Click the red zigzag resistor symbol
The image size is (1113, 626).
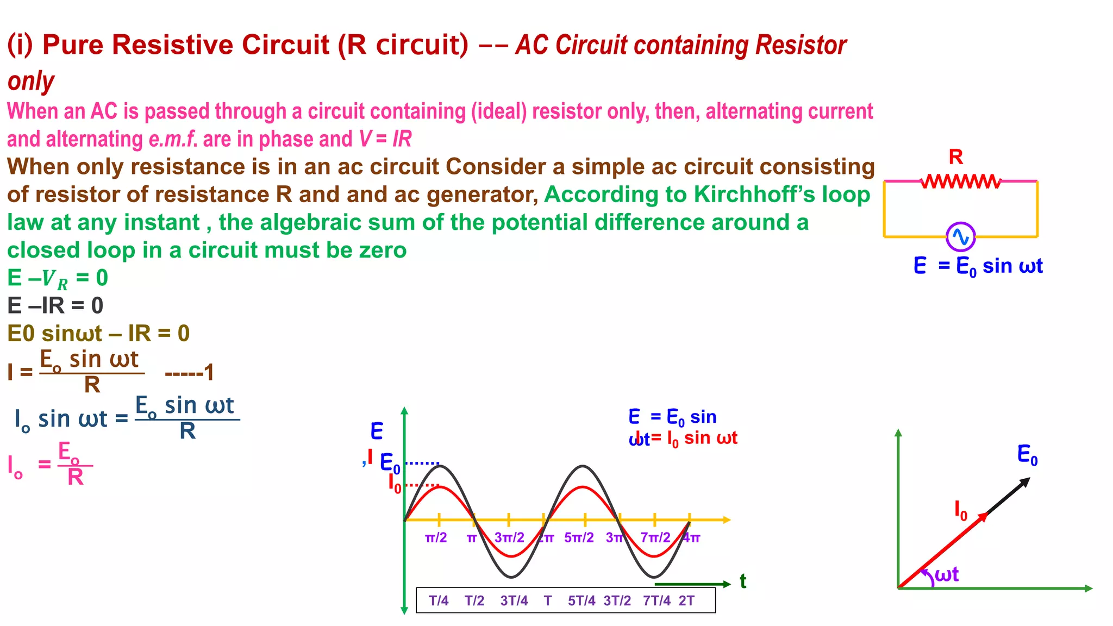(x=961, y=181)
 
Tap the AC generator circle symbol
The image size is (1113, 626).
(x=960, y=237)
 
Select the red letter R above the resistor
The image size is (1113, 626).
(x=955, y=157)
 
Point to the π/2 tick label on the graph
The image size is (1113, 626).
(x=436, y=538)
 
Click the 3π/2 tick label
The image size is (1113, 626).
(x=509, y=538)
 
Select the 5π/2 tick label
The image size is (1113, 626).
(x=579, y=538)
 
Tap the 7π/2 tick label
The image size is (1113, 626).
(x=655, y=538)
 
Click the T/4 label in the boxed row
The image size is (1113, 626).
(x=439, y=600)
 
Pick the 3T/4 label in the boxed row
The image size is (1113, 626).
(x=514, y=600)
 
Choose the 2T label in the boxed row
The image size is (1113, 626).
(x=686, y=600)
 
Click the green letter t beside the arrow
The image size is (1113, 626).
(x=743, y=581)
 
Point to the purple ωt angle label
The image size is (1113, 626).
(x=947, y=574)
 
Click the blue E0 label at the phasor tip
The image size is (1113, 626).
(x=1027, y=454)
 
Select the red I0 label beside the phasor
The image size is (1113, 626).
(x=961, y=511)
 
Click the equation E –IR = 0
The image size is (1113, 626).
(x=55, y=306)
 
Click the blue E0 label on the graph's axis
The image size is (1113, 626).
(x=390, y=464)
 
